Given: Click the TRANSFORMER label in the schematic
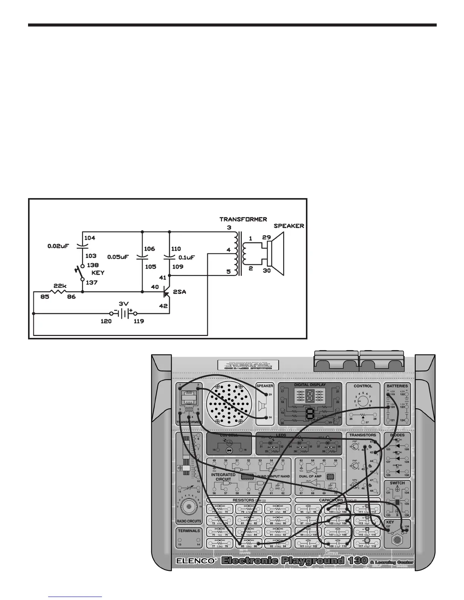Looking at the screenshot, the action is (x=243, y=219).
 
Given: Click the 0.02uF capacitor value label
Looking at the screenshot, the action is (x=58, y=246).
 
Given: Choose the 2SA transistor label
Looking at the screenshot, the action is (x=180, y=292).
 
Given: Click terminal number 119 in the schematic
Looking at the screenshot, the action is (x=139, y=321).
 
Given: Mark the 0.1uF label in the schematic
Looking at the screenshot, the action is (x=187, y=257).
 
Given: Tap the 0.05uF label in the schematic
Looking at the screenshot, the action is (x=118, y=256).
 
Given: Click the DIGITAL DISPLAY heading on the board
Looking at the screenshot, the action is (x=310, y=385).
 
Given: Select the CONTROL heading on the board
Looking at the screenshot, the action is (x=363, y=386).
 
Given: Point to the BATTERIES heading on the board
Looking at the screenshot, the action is (x=397, y=386).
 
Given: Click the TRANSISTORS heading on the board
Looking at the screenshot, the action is (x=363, y=435).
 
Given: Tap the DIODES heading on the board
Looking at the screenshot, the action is (x=397, y=435).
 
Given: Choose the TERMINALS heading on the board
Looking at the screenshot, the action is (x=189, y=531).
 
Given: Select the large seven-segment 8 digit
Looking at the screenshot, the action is (x=310, y=414).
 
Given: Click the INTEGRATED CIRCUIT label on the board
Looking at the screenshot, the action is (x=223, y=477).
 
